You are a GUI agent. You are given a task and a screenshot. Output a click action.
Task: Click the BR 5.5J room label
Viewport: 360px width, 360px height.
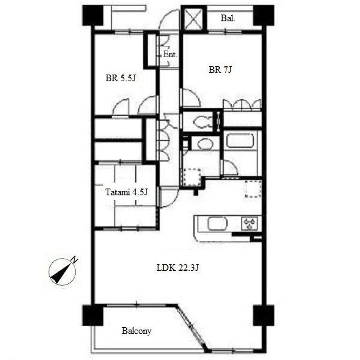(121, 78)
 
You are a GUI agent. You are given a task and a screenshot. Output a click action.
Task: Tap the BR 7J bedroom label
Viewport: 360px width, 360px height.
(220, 69)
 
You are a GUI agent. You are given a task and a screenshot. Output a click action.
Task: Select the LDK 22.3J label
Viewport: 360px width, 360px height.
(178, 268)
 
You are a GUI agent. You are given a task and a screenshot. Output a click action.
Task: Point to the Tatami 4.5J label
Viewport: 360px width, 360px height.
(126, 192)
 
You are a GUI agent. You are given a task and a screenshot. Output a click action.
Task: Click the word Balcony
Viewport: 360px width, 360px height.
(136, 331)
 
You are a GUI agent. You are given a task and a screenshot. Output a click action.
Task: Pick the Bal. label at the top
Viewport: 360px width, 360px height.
(228, 18)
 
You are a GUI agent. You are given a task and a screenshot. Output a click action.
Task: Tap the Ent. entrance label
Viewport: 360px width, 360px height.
(170, 54)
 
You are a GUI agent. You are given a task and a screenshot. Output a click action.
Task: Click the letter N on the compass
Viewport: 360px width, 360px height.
(75, 260)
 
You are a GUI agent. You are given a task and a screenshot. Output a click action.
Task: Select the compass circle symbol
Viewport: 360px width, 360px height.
(62, 272)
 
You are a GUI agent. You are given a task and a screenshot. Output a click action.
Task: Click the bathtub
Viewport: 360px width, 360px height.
(240, 141)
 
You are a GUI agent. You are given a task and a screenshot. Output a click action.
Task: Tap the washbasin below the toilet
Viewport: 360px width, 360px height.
(205, 144)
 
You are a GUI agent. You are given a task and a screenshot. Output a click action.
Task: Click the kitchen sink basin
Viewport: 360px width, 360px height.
(218, 224)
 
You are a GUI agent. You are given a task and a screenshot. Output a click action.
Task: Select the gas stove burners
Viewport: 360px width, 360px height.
(250, 223)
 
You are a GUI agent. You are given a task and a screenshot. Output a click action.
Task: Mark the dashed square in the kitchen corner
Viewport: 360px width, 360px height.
(253, 189)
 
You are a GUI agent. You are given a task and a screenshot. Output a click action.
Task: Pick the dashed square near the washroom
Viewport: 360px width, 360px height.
(192, 177)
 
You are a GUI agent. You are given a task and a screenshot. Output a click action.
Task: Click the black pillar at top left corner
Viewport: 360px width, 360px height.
(93, 15)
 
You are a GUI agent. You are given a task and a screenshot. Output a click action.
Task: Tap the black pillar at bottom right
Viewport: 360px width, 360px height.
(264, 315)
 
